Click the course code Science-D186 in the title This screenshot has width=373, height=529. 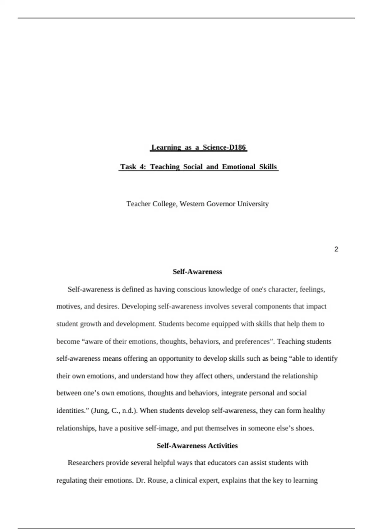pyautogui.click(x=224, y=147)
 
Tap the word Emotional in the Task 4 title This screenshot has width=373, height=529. pyautogui.click(x=239, y=167)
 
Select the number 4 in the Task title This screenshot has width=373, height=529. pyautogui.click(x=142, y=167)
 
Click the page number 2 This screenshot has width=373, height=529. pyautogui.click(x=336, y=249)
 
